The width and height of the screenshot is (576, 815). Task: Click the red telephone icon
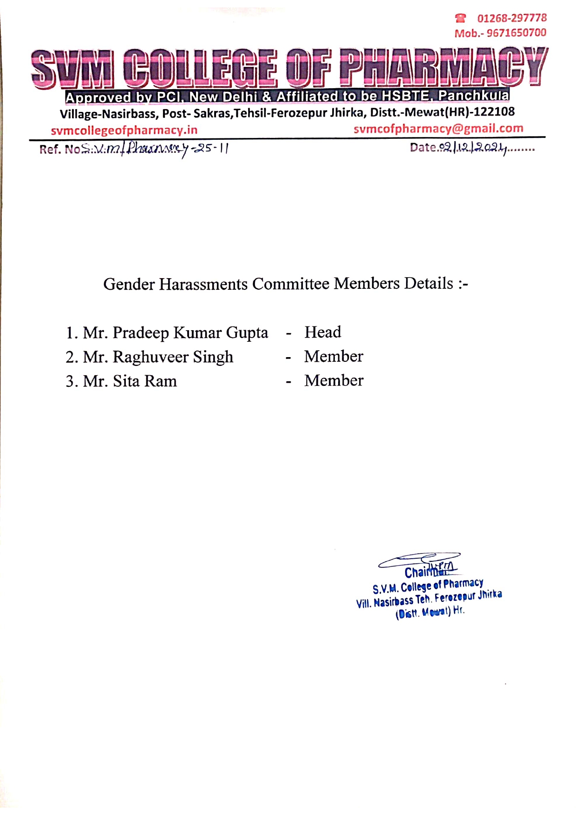click(x=460, y=18)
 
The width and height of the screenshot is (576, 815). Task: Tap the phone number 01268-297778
click(x=512, y=18)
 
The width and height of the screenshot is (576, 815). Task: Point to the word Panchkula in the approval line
click(x=473, y=96)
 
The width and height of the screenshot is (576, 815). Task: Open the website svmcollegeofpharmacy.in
click(x=124, y=130)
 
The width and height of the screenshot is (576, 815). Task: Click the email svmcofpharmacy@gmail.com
click(x=438, y=129)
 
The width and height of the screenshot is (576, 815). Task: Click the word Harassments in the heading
click(x=203, y=284)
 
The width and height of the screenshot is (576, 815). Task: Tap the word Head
click(x=322, y=332)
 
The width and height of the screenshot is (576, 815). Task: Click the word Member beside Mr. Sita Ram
click(x=334, y=380)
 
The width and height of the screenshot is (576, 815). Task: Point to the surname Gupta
click(x=247, y=333)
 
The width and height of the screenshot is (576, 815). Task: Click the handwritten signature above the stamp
click(x=420, y=561)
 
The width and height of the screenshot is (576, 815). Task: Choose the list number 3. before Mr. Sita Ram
click(x=72, y=381)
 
